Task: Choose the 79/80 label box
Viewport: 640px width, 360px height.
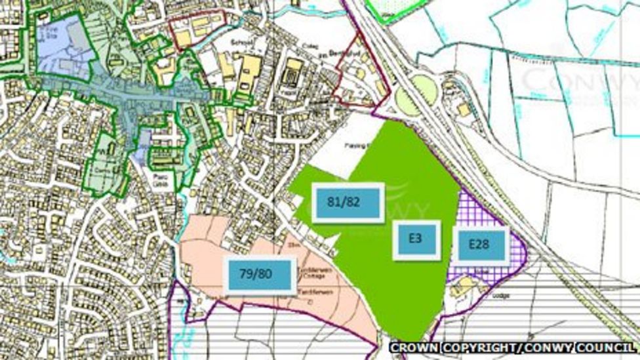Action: point(258,273)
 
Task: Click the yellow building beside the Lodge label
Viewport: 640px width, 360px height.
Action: point(464,286)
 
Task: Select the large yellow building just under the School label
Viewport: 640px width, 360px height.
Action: point(248,72)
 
